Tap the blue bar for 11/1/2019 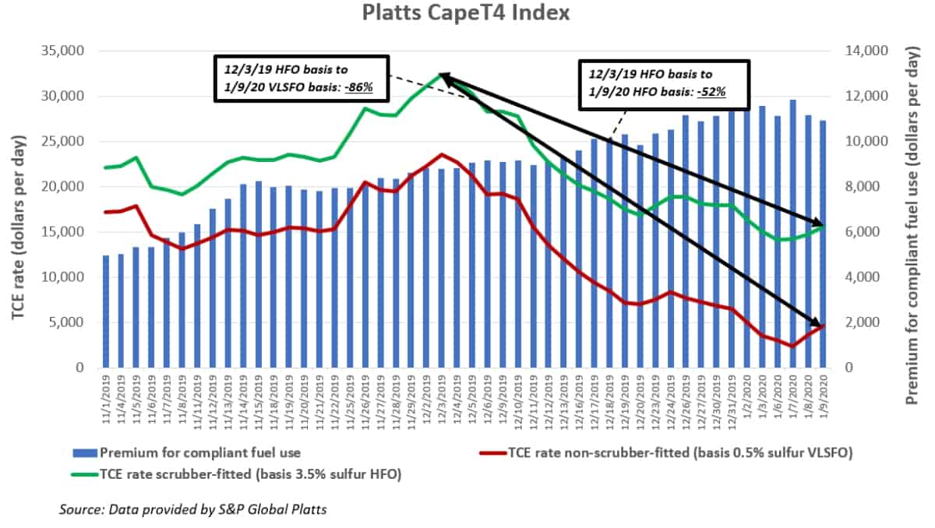click(x=106, y=312)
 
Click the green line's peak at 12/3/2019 click(x=442, y=75)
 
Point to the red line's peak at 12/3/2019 click(x=442, y=154)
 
